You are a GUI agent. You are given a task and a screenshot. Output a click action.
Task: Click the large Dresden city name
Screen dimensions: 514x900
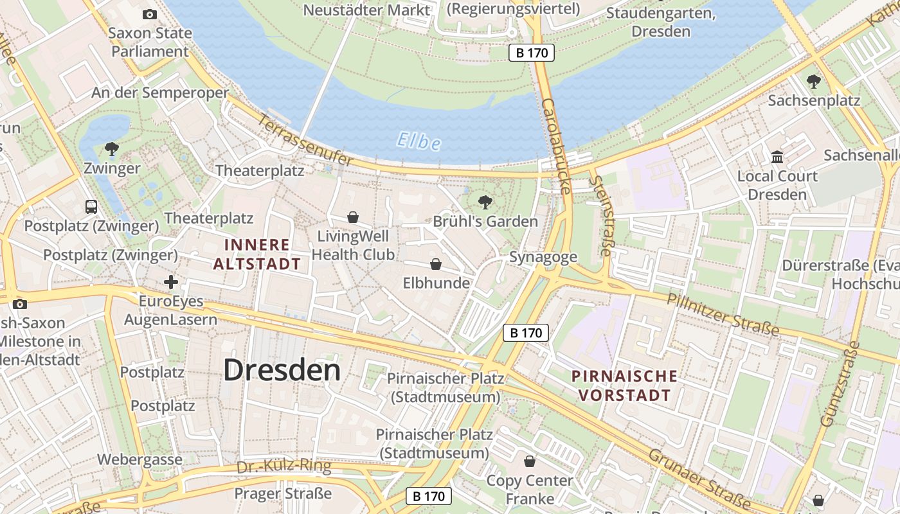point(282,371)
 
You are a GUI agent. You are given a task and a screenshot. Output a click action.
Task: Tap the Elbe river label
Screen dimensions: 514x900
point(419,141)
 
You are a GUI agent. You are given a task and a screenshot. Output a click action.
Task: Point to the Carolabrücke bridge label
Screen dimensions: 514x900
point(556,146)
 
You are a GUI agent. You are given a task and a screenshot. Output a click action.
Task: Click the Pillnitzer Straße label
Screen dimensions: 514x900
point(723,314)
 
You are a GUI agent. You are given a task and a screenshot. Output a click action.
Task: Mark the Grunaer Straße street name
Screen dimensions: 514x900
point(699,479)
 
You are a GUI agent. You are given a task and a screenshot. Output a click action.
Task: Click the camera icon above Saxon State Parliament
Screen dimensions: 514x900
point(149,14)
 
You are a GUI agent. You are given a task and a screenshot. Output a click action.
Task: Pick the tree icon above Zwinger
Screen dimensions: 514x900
point(112,150)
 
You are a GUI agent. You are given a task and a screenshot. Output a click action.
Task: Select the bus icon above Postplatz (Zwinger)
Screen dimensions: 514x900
point(91,207)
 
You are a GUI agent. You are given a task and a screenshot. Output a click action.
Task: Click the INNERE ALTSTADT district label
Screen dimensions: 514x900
point(257,254)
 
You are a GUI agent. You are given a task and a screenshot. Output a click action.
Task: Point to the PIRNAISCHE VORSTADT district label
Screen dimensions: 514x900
point(625,385)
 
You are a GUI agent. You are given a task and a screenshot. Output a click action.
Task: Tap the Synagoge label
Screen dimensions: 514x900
point(543,257)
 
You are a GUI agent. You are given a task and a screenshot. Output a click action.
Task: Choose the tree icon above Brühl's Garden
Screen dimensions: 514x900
point(485,202)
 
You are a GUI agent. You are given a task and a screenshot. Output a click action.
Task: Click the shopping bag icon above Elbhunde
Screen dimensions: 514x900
point(436,264)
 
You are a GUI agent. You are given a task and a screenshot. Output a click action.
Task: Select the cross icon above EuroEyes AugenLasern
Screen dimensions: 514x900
point(171,282)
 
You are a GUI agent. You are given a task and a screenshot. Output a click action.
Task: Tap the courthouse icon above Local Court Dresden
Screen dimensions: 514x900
point(777,157)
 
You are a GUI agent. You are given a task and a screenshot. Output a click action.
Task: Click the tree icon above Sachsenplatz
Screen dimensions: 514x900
point(814,82)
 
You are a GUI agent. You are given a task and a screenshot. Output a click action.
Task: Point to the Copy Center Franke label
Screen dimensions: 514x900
point(530,490)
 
